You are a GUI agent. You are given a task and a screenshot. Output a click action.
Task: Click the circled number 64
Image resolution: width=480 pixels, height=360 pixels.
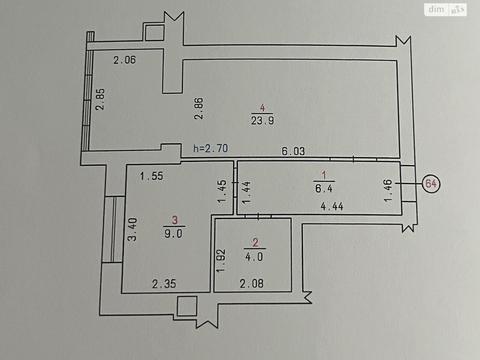click(431, 183)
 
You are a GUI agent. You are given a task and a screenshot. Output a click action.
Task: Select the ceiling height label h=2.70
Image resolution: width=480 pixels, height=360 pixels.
click(210, 148)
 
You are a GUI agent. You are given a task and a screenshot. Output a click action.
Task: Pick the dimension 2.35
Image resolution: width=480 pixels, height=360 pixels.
click(165, 284)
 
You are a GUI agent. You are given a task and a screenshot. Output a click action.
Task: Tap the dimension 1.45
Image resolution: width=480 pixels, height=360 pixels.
click(221, 189)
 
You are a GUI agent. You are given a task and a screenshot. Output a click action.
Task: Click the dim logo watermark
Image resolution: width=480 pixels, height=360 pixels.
click(447, 9)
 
